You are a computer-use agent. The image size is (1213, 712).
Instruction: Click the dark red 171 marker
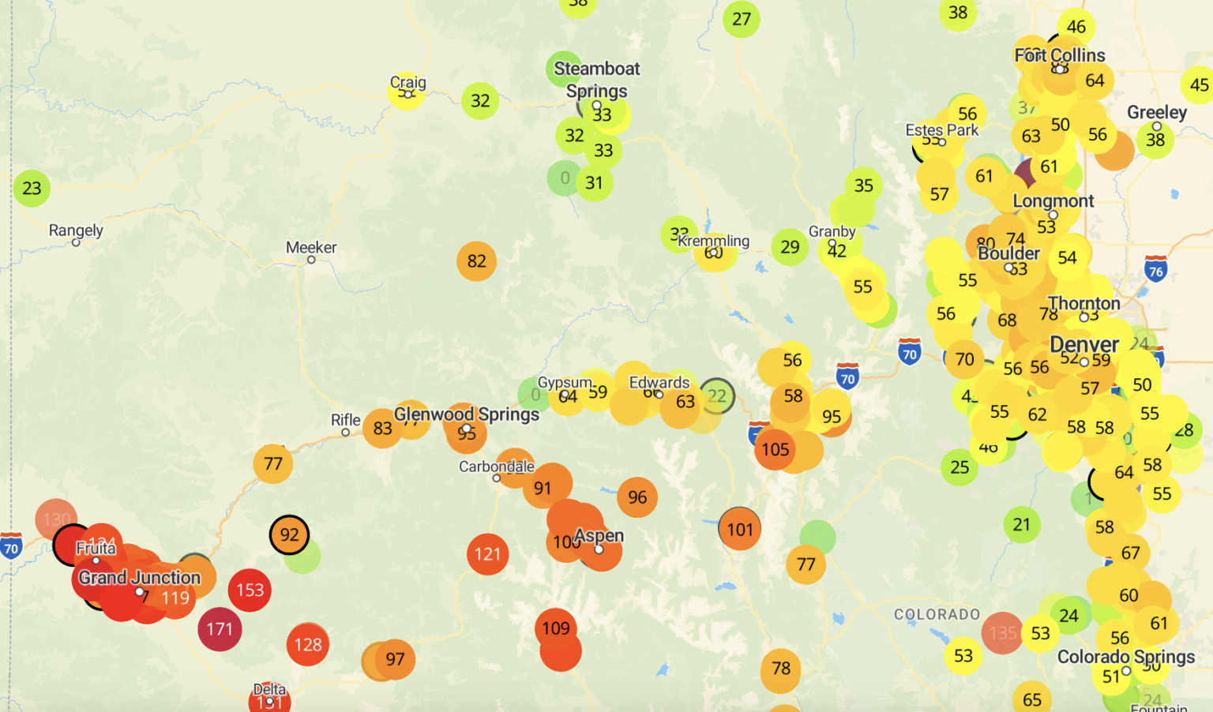click(220, 629)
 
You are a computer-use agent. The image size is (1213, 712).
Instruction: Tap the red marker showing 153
click(250, 590)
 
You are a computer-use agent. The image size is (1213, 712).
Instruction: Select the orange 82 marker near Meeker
click(476, 261)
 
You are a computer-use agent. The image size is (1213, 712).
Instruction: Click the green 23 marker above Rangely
click(32, 189)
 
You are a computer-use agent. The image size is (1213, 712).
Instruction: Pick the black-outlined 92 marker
click(289, 534)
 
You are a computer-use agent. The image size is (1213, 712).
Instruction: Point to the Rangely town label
click(76, 230)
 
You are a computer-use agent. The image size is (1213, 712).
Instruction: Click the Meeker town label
click(311, 248)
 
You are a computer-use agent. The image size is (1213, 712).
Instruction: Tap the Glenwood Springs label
click(466, 414)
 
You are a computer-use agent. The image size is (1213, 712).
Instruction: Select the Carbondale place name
click(497, 467)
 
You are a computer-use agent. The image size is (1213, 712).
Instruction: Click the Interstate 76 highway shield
click(1155, 270)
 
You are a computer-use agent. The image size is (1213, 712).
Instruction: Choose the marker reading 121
click(487, 554)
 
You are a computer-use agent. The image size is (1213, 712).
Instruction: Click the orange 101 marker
click(740, 530)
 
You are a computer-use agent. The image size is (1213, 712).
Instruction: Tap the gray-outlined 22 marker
click(716, 395)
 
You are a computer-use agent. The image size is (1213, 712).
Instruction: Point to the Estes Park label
click(941, 130)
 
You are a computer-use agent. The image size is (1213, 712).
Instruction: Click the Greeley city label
click(1156, 113)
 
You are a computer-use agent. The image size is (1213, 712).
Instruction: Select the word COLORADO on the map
click(937, 614)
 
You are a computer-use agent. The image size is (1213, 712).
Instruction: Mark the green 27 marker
click(741, 19)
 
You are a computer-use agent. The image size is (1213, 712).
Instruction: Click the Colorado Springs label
click(1125, 657)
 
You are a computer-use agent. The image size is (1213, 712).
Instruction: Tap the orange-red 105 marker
click(775, 449)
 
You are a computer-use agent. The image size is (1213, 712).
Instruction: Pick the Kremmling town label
click(713, 241)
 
